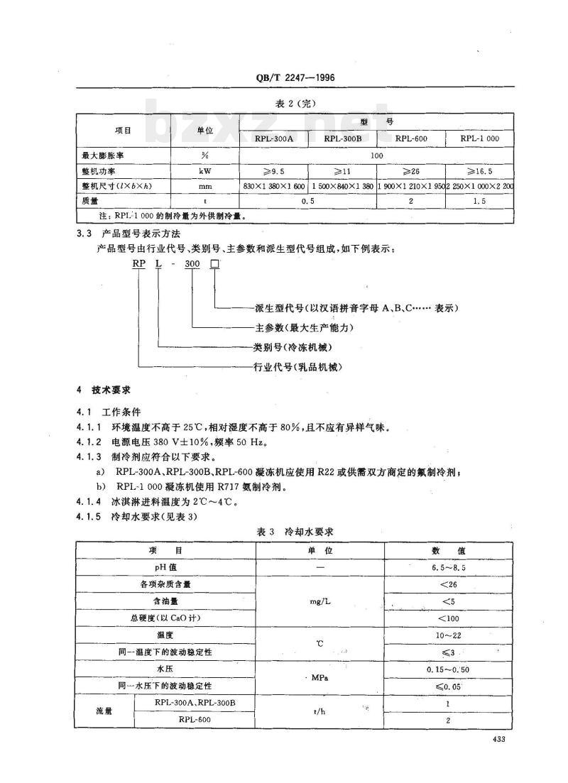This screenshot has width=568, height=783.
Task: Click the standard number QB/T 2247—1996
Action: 285,79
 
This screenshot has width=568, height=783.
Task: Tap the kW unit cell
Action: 204,171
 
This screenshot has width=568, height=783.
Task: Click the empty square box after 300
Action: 214,263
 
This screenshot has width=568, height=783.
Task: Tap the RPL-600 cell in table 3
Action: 193,720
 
